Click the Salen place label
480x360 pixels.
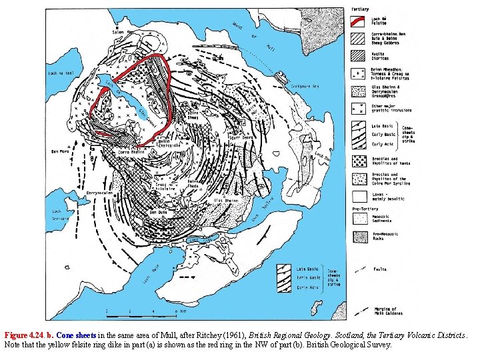119,31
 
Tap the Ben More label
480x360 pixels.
61,151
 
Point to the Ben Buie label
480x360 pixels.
159,212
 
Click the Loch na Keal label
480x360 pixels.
60,74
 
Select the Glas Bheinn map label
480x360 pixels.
226,201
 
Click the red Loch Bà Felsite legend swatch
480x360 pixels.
359,20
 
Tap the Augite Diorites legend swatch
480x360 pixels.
359,57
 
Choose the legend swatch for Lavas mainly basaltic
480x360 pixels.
359,196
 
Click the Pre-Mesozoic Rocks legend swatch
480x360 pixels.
359,237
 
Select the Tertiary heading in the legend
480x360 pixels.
360,9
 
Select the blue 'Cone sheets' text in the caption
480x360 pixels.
77,335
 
